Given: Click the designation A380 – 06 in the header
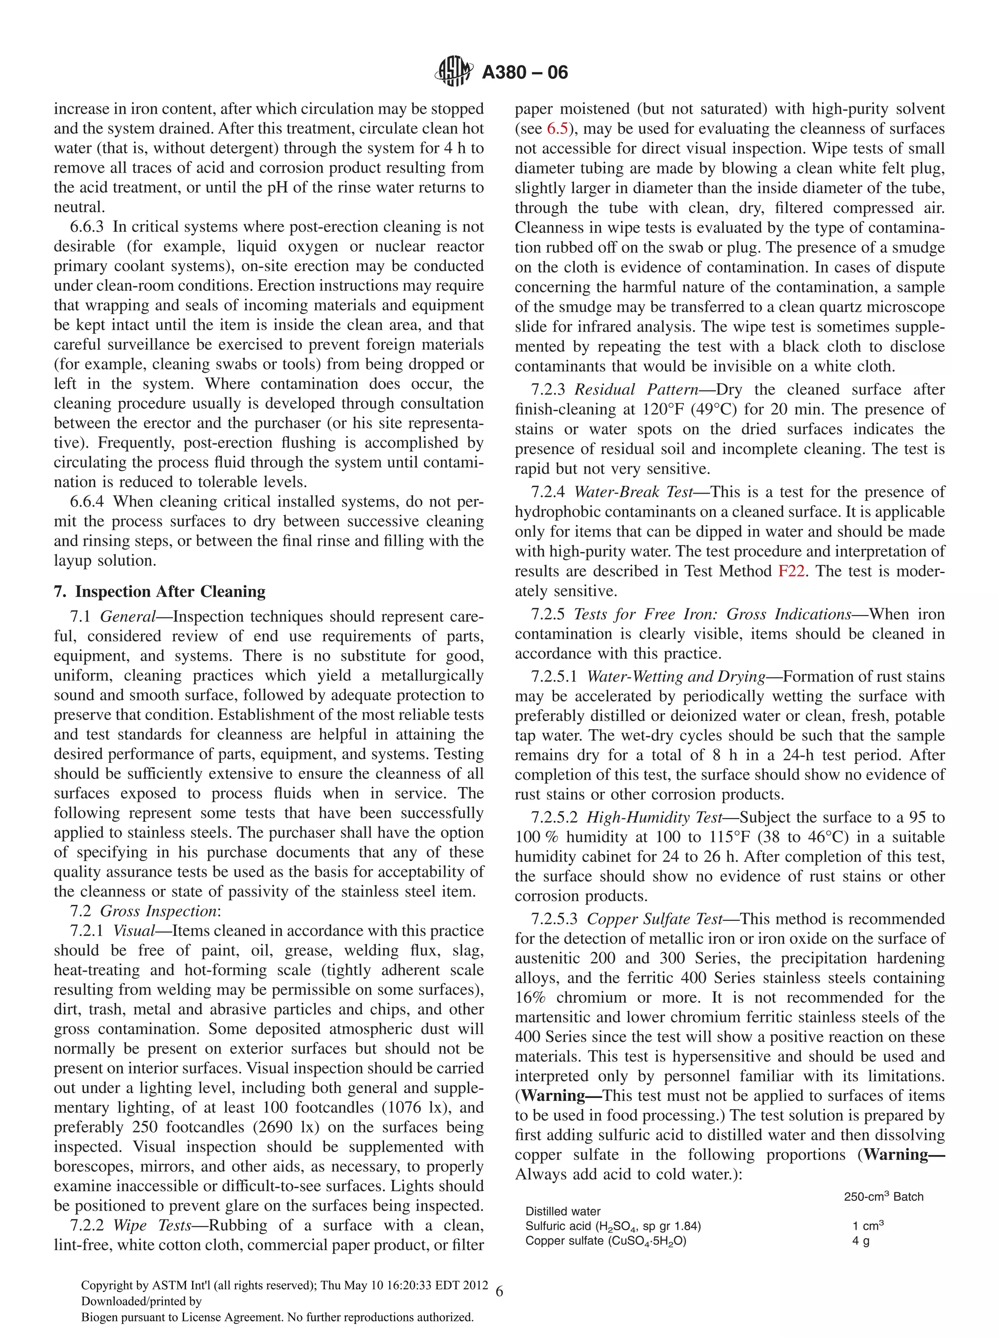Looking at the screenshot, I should click(524, 73).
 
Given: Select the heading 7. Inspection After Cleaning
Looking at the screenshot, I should click(160, 591).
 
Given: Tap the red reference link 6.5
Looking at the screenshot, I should click(557, 129).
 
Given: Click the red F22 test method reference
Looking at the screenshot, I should click(791, 571).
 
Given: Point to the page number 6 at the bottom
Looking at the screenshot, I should click(499, 1292).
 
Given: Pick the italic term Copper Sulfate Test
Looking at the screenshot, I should click(655, 919).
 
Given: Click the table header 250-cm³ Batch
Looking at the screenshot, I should click(883, 1197).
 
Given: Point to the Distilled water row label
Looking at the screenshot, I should click(562, 1211).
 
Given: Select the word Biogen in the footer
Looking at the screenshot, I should click(98, 1317).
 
